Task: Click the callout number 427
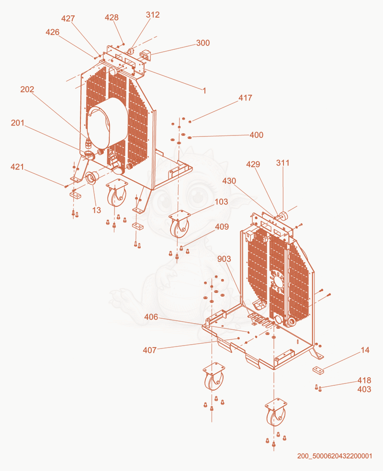(x=68, y=19)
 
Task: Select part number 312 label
(x=153, y=15)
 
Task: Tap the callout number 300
(x=203, y=43)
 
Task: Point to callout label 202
(x=27, y=89)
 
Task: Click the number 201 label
(x=18, y=123)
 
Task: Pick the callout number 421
(x=17, y=167)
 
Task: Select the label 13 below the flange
(x=96, y=210)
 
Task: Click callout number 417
(x=246, y=98)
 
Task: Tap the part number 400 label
(x=257, y=135)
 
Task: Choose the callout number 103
(x=221, y=202)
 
